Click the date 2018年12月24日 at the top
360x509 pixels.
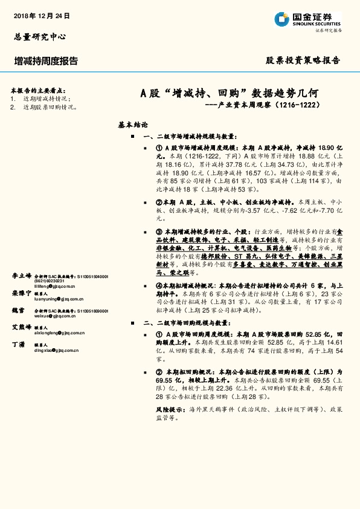tap(41, 15)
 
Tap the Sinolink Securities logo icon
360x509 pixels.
tap(281, 19)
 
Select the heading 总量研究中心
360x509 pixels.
tap(39, 36)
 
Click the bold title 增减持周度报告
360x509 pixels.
tap(46, 60)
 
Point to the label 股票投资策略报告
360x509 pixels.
tap(304, 60)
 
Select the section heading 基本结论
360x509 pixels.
tap(133, 125)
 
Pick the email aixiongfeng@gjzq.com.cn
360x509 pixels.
tap(59, 332)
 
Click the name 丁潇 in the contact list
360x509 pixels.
tap(18, 344)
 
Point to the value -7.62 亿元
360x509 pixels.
tap(305, 209)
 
